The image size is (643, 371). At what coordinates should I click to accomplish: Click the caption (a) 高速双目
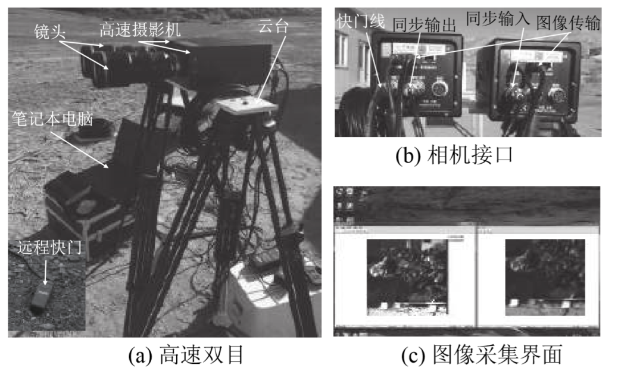[x=186, y=356]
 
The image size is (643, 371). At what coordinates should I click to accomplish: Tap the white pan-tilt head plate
[x=245, y=108]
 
